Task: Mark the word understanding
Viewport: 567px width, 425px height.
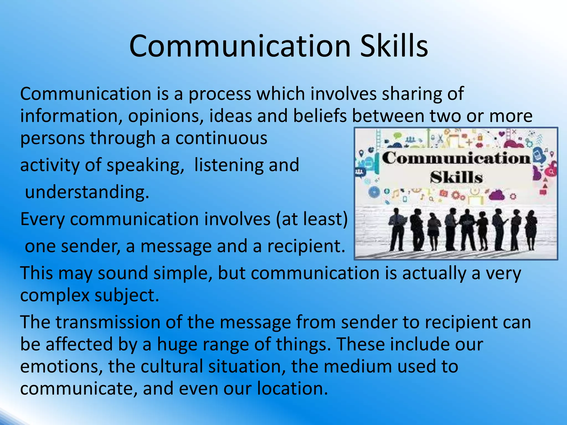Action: tap(87, 192)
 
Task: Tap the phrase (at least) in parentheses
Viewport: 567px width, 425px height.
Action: tap(311, 219)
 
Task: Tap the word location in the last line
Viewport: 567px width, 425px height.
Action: tap(292, 388)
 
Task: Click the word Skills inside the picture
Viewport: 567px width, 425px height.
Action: tap(456, 177)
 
